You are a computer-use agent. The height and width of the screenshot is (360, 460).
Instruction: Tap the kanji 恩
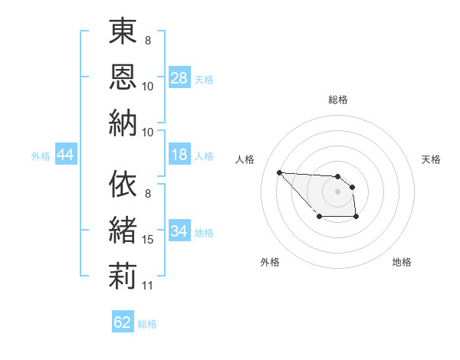[x=123, y=76]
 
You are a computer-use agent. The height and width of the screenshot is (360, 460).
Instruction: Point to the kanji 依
[x=123, y=185]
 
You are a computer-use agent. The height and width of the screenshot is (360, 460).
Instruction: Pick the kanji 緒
[x=123, y=230]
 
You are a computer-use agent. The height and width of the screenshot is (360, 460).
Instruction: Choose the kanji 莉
[x=123, y=275]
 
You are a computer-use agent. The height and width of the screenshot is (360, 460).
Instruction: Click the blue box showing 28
[x=179, y=78]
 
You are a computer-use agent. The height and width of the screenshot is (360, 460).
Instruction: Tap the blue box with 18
[x=179, y=155]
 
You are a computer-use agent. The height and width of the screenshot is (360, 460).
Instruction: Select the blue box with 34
[x=179, y=232]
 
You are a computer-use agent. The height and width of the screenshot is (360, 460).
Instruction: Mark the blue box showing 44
[x=65, y=155]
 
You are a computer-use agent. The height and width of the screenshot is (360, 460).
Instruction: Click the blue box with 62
[x=123, y=322]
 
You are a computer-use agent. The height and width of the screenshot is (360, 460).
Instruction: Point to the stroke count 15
[x=148, y=240]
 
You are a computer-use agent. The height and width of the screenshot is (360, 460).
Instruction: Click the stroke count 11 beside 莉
[x=148, y=286]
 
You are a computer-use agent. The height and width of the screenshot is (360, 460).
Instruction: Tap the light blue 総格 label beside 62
[x=147, y=323]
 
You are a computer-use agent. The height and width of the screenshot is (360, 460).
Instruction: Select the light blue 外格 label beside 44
[x=41, y=156]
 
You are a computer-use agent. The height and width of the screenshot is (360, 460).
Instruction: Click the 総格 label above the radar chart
[x=337, y=100]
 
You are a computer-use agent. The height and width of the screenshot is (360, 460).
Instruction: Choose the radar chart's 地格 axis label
[x=402, y=262]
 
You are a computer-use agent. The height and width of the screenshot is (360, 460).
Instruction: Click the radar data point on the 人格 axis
[x=279, y=172]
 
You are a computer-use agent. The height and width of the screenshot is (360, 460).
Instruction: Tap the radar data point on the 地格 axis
[x=356, y=218]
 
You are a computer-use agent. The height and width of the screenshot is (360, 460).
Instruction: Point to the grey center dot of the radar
[x=337, y=191]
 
